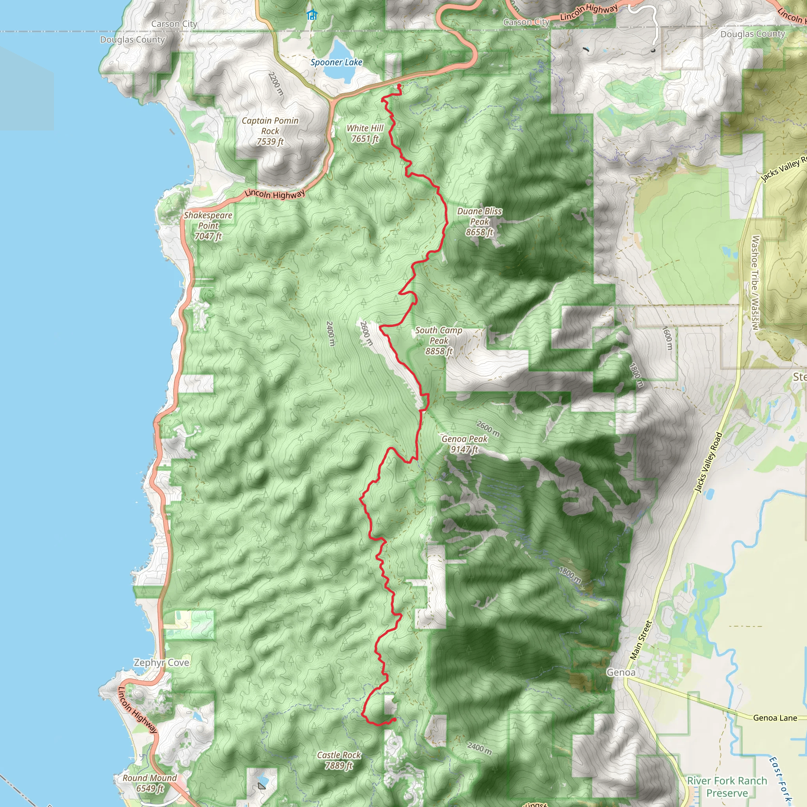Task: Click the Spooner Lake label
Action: click(x=336, y=62)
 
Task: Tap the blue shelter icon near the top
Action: click(x=312, y=15)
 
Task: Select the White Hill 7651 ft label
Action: click(x=365, y=133)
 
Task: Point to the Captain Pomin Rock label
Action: click(x=270, y=131)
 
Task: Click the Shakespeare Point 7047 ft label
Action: click(x=208, y=225)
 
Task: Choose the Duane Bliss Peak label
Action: click(x=480, y=221)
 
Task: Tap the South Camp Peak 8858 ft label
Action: click(x=439, y=340)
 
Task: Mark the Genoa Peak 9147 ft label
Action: click(x=465, y=444)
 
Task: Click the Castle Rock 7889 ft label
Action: click(x=339, y=760)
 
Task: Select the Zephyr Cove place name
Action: click(x=161, y=662)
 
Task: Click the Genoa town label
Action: click(x=621, y=673)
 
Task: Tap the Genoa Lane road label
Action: click(x=775, y=718)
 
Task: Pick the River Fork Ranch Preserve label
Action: click(x=727, y=787)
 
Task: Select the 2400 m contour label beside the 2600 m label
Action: click(x=330, y=333)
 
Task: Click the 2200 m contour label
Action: click(x=276, y=84)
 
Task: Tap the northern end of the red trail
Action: click(x=399, y=86)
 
